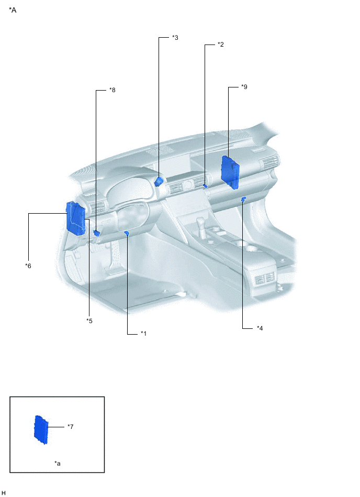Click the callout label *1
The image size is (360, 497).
point(143,333)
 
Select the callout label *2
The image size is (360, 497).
point(221,45)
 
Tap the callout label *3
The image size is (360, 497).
point(175,38)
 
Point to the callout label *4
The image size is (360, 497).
point(260,328)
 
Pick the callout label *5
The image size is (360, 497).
point(89,321)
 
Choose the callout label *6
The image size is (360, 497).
point(28,266)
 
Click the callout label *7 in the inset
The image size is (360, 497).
point(70,427)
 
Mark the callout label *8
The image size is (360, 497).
point(112,90)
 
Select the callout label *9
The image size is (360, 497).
point(244,87)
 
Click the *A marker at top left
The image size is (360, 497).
point(13,10)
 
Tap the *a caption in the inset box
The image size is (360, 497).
point(57,463)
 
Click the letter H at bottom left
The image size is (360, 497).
point(4,493)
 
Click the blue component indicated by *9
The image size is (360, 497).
point(230,171)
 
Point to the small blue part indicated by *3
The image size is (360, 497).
point(159,181)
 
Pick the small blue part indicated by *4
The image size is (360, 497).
point(244,199)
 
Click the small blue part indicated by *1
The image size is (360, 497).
point(127,233)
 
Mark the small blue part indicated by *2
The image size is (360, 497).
point(205,185)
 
